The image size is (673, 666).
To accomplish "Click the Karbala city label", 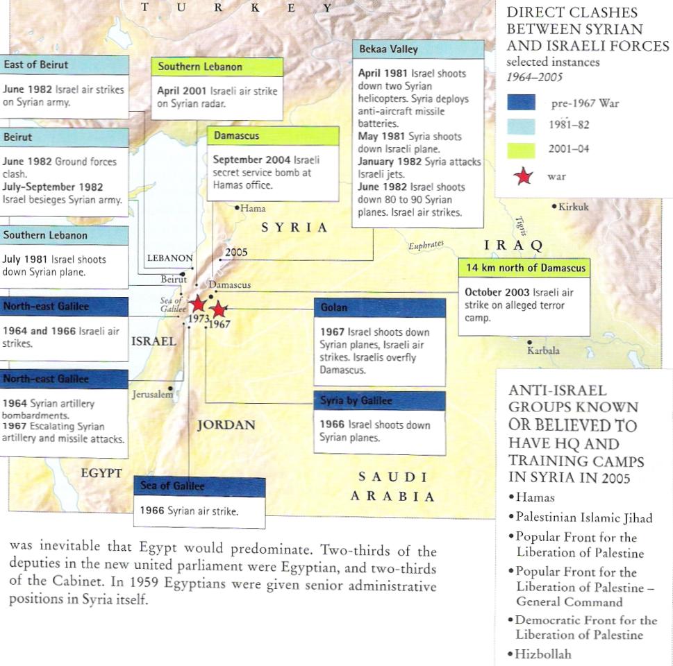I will [x=543, y=350].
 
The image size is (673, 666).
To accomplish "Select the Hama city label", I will [x=253, y=208].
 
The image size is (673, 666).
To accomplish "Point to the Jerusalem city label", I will [x=152, y=394].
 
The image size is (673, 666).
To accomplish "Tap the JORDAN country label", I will [x=226, y=425].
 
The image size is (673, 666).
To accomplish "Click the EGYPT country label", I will [x=101, y=474].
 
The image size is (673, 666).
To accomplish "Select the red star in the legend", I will [x=522, y=176].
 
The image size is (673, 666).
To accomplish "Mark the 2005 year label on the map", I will [x=236, y=253].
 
